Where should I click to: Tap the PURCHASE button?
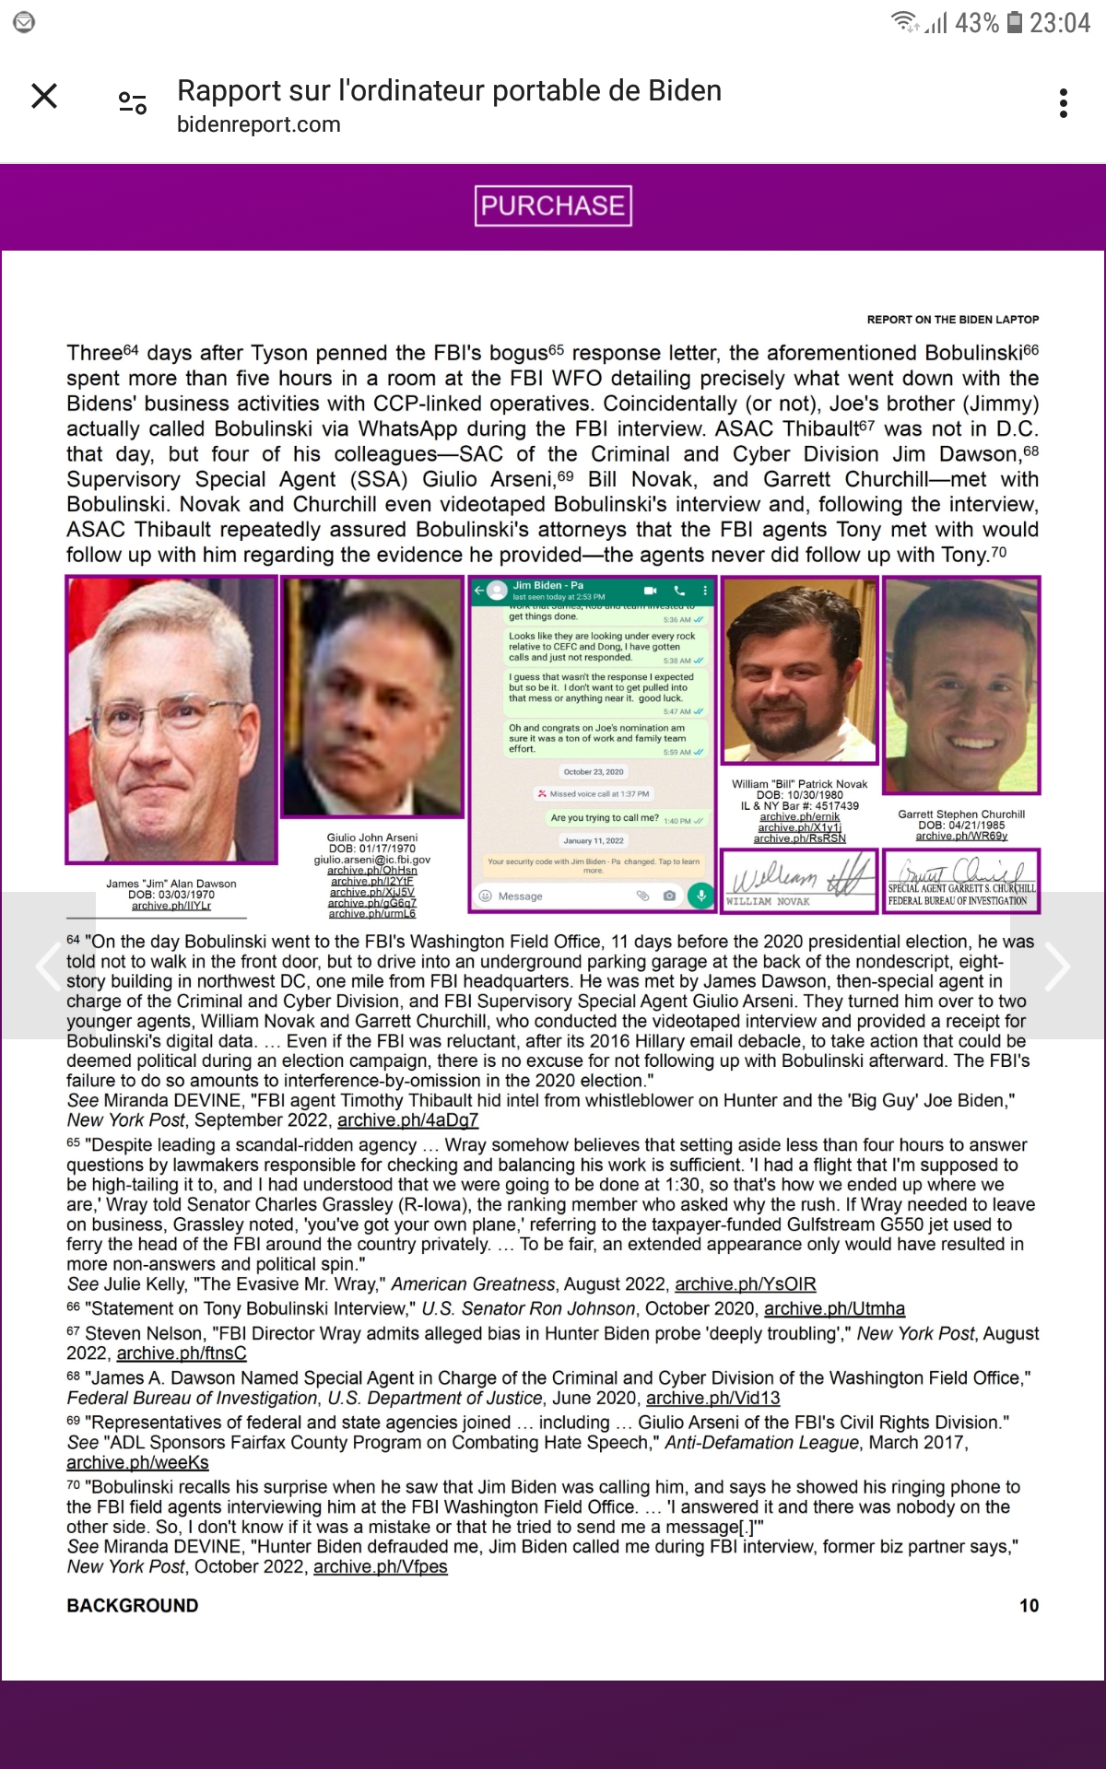coord(553,205)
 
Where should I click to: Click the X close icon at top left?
coord(44,96)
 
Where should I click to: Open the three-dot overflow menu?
coord(1064,103)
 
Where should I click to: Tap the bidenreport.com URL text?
coord(258,124)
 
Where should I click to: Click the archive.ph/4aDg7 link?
coord(407,1120)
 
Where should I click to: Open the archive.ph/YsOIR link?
coord(745,1284)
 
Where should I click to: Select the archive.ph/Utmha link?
coord(834,1308)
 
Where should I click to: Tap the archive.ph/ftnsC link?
coord(182,1353)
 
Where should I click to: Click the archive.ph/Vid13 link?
coord(712,1399)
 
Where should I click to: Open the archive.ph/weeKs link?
coord(137,1463)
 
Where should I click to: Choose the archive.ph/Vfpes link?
coord(380,1567)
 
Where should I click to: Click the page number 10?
coord(1029,1606)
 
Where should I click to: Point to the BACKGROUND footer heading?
coord(133,1606)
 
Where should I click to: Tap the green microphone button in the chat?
coord(700,896)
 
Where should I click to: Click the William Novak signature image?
coord(799,880)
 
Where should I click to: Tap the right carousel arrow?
coord(1057,966)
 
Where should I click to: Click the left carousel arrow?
coord(48,966)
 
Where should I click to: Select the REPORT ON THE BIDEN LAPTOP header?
coord(952,320)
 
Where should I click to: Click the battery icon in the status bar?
coord(1014,22)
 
